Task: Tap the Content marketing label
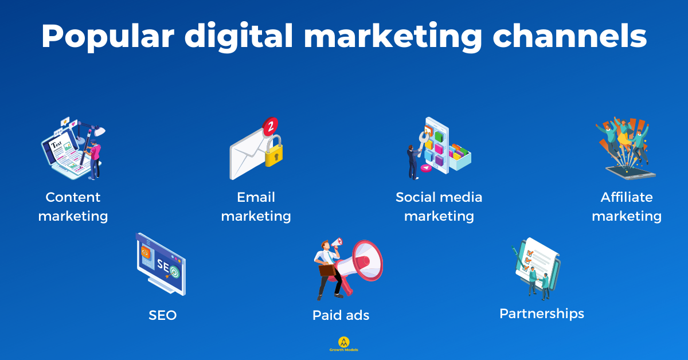coord(73,207)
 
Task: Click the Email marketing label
coord(256,207)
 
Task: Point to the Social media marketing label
coord(439,207)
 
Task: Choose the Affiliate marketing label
coord(626,207)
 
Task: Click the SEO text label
coord(162,315)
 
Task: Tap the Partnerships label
coord(541,314)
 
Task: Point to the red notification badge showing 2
coord(269,124)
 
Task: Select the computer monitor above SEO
coord(161,264)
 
